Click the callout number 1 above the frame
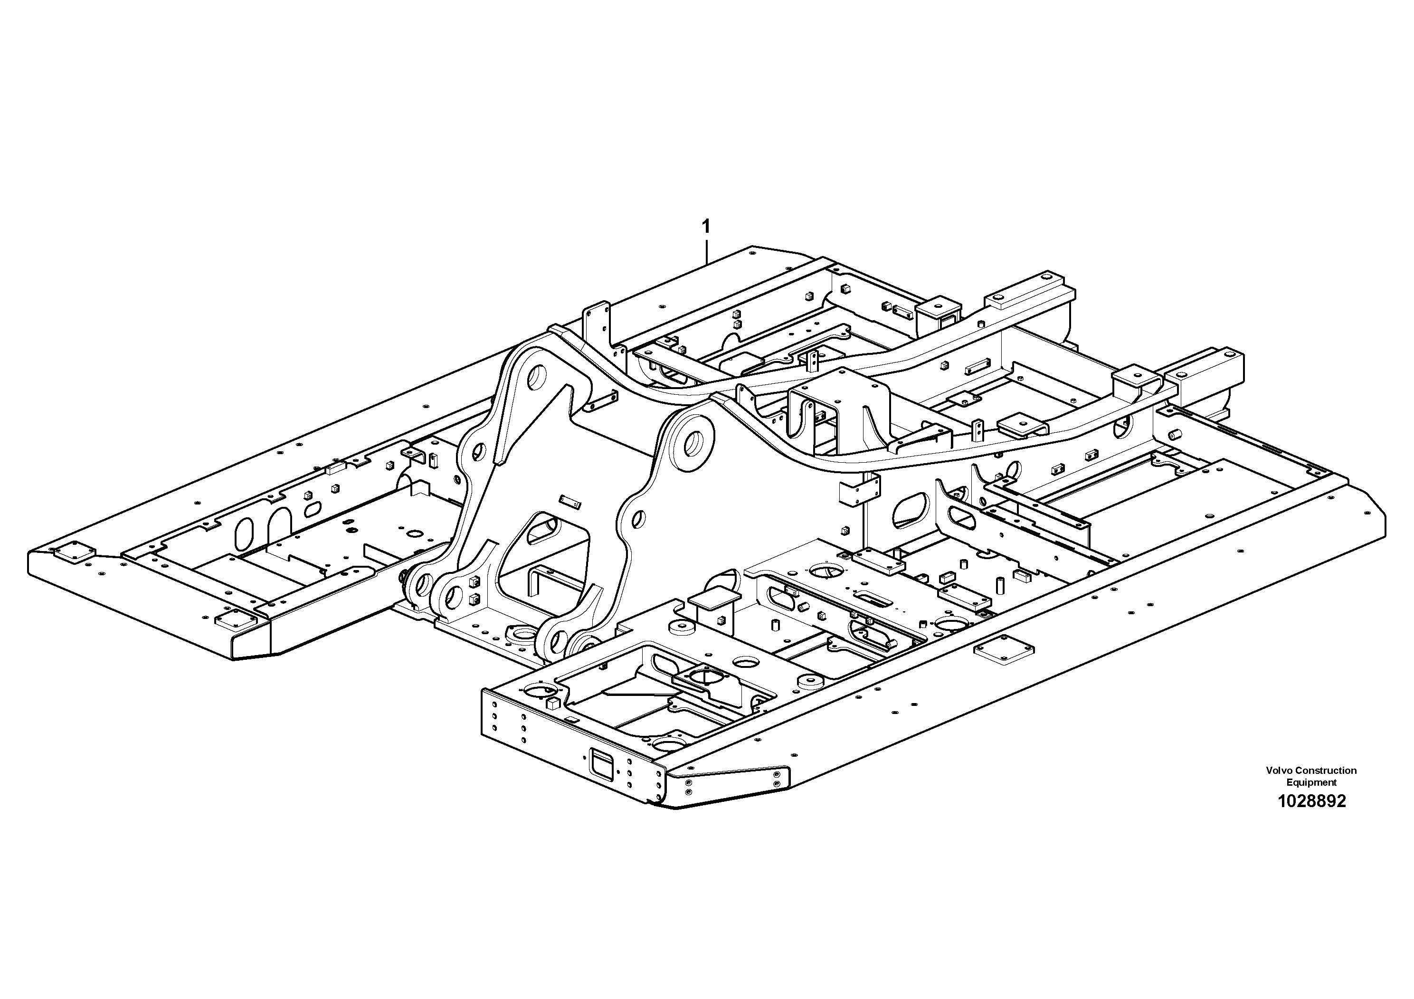[x=706, y=227]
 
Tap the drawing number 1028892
[x=1311, y=801]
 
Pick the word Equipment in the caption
[x=1311, y=783]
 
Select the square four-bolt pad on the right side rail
[x=1004, y=650]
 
